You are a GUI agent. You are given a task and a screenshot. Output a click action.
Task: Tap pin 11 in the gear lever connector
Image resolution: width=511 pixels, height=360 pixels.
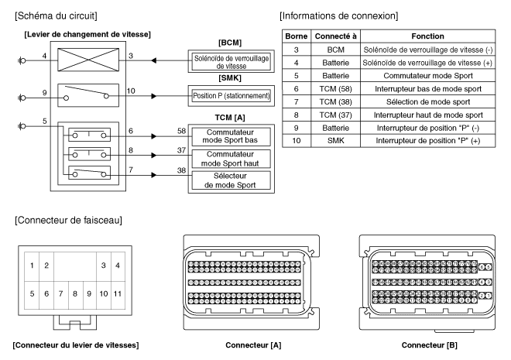[117, 294]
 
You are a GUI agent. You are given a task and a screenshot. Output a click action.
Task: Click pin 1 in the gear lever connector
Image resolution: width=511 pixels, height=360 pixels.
[31, 266]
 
